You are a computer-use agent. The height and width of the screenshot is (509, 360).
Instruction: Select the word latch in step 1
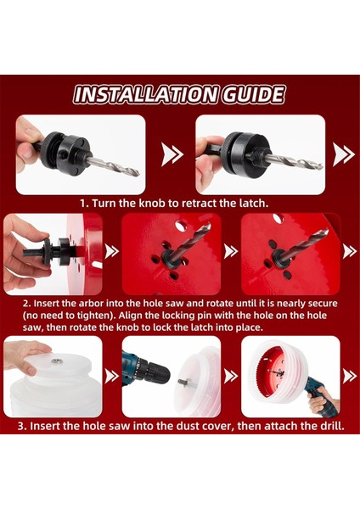click(253, 204)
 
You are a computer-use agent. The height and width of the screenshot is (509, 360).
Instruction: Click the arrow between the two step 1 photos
click(172, 154)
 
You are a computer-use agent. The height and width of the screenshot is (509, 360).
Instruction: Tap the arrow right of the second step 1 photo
click(343, 154)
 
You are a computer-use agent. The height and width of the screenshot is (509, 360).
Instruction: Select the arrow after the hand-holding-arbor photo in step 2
click(112, 251)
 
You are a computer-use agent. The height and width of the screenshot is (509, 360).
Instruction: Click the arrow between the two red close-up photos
click(231, 251)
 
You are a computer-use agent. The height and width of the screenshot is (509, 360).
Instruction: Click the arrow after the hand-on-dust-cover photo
click(112, 376)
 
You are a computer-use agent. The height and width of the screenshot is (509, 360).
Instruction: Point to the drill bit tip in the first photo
click(138, 175)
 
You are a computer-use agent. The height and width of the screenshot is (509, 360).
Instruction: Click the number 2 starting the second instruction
click(27, 304)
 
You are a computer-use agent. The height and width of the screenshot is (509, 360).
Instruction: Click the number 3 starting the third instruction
click(22, 426)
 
